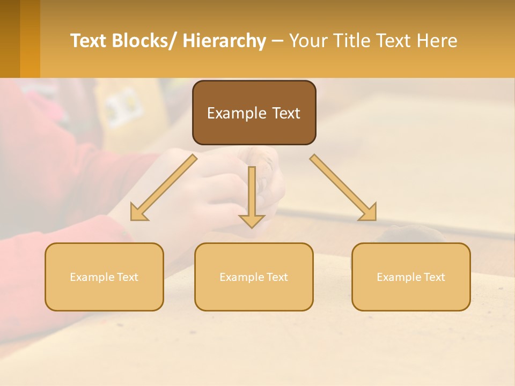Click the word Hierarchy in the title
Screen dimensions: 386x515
[x=224, y=41]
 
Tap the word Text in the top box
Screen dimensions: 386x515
[x=286, y=113]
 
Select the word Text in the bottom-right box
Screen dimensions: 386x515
[x=434, y=277]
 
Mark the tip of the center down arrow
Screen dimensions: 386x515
[x=252, y=227]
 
